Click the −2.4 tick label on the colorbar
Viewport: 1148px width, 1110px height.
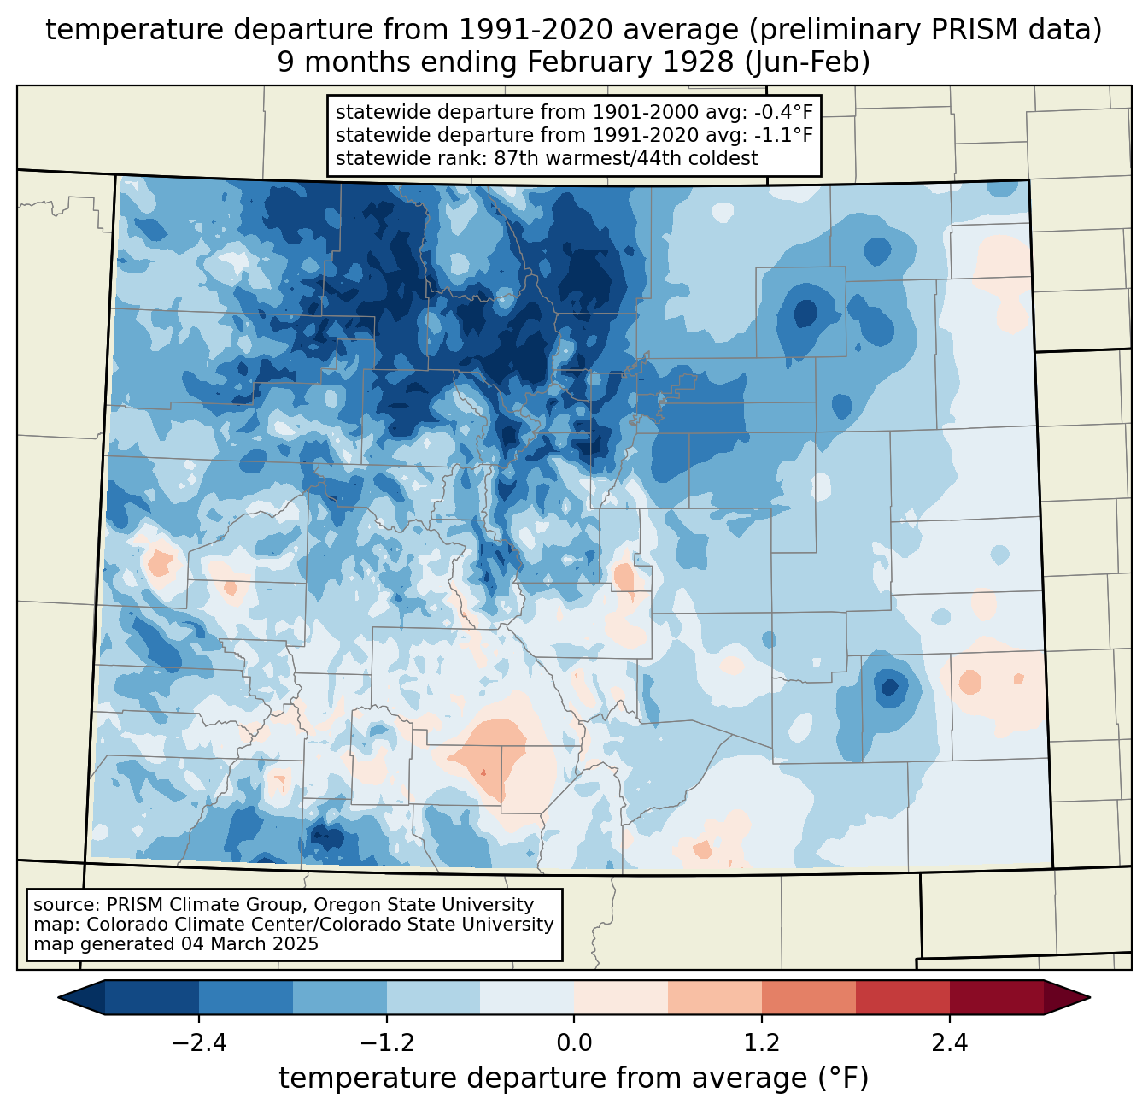coord(198,1043)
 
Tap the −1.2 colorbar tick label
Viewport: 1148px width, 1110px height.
coord(386,1043)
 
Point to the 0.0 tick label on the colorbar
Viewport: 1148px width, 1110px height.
coord(574,1043)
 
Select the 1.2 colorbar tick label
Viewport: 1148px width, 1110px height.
coord(762,1043)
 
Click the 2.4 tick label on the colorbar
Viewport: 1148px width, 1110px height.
coord(949,1043)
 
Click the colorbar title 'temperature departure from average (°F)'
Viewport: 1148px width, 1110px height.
coord(574,1078)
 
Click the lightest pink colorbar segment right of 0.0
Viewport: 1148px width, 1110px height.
coord(621,997)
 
